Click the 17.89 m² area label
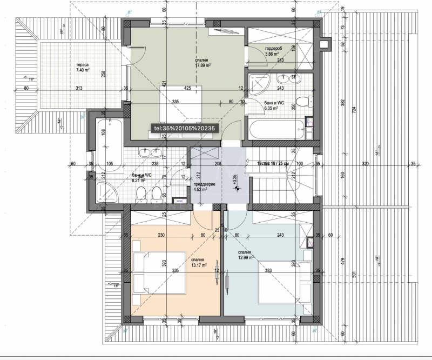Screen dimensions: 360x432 point(202,63)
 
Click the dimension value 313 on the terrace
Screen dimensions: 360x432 point(79,88)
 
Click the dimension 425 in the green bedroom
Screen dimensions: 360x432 point(187,88)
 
